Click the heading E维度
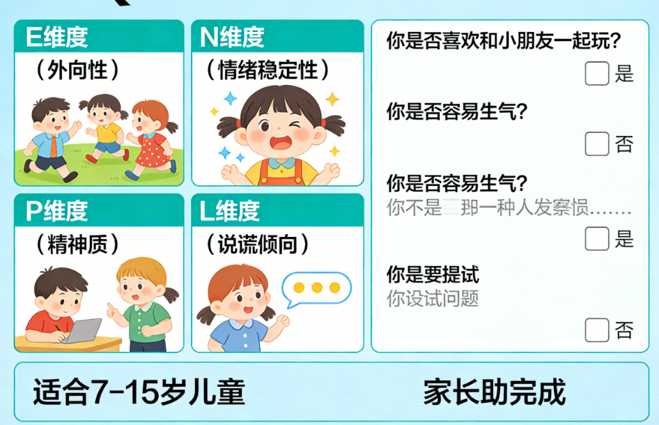pyautogui.click(x=57, y=38)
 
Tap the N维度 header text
pyautogui.click(x=233, y=38)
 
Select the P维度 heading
pyautogui.click(x=57, y=210)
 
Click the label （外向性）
pyautogui.click(x=78, y=70)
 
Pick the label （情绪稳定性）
pyautogui.click(x=268, y=70)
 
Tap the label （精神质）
pyautogui.click(x=78, y=244)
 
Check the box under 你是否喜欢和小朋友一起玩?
pyautogui.click(x=597, y=73)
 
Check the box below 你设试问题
pyautogui.click(x=597, y=330)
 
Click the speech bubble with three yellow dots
pyautogui.click(x=317, y=288)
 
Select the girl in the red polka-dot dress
pyautogui.click(x=151, y=139)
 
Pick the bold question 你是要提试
pyautogui.click(x=433, y=274)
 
